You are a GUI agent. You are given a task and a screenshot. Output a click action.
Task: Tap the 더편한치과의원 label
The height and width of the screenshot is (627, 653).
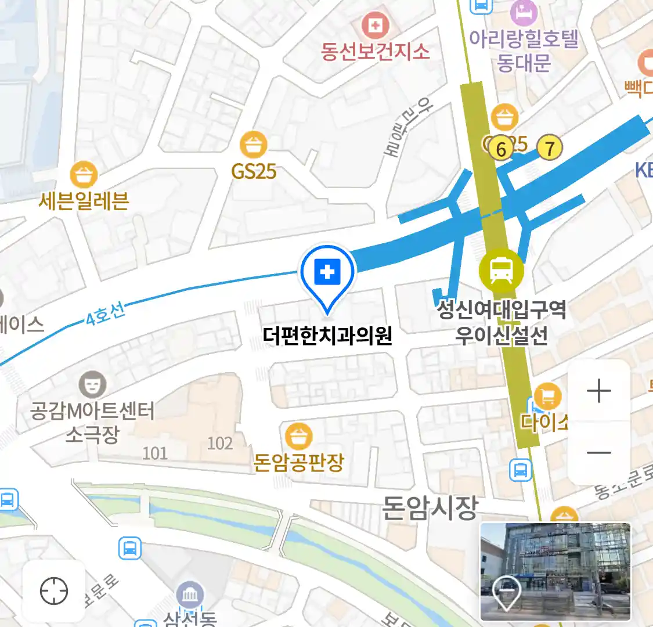click(327, 336)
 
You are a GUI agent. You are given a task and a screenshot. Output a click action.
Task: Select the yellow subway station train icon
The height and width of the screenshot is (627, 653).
click(501, 271)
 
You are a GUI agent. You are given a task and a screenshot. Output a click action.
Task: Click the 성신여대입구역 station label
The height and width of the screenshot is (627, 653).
click(501, 309)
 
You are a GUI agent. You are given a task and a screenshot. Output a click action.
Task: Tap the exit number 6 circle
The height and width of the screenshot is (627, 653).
click(501, 149)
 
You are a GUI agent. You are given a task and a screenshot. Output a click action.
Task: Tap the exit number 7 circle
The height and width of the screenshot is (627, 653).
click(549, 147)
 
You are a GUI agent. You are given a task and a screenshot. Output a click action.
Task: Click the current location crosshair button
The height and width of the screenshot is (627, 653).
click(54, 591)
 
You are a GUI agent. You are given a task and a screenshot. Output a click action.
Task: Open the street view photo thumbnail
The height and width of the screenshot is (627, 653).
click(555, 571)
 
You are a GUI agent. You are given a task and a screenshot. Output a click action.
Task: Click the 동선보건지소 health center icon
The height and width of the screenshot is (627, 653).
click(375, 25)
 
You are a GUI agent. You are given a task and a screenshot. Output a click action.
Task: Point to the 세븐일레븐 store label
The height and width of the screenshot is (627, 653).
click(84, 201)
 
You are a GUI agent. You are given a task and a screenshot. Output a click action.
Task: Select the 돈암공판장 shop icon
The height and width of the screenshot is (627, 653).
click(299, 437)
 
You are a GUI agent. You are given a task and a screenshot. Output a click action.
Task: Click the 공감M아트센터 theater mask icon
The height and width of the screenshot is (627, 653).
click(92, 384)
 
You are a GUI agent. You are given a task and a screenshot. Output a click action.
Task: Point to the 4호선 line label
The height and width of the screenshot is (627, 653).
click(105, 314)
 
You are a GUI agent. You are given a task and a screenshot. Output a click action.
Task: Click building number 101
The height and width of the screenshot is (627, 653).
click(155, 453)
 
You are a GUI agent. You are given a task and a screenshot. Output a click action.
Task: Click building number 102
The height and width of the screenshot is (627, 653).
click(220, 444)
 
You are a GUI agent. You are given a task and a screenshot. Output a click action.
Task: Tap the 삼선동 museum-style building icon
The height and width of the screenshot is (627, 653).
click(190, 595)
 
